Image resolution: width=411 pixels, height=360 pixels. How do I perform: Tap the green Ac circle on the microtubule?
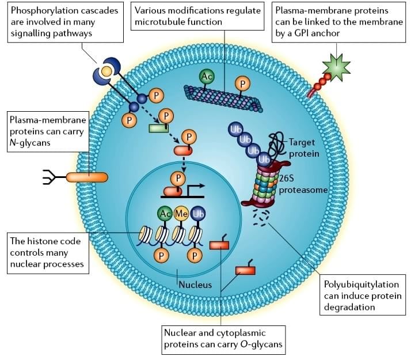click(207, 76)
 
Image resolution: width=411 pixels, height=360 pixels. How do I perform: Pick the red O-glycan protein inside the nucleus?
click(219, 245)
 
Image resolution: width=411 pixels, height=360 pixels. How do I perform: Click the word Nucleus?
click(195, 285)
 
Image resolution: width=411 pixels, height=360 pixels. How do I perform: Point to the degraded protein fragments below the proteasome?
click(263, 218)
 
